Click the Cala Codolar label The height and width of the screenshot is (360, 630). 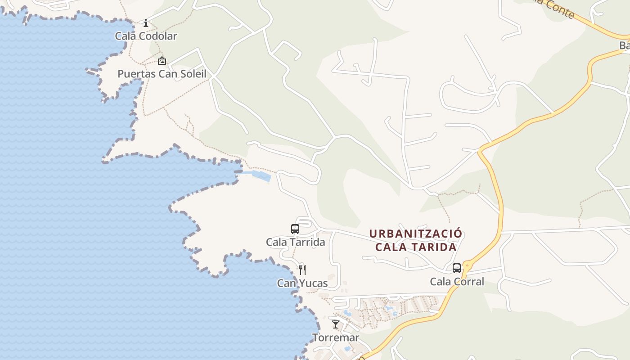(146, 36)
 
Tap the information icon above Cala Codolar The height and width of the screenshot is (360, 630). (146, 23)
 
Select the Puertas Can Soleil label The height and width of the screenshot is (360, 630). (162, 74)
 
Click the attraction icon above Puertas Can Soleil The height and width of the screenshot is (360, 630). (162, 61)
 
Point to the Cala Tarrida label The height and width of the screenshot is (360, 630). (295, 242)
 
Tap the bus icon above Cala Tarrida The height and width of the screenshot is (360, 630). (295, 229)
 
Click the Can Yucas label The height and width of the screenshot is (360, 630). (302, 283)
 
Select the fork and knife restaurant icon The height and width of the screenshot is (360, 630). (302, 270)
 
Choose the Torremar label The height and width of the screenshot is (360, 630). (336, 337)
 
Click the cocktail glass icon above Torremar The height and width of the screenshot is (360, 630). (336, 324)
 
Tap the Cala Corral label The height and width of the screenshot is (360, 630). (457, 282)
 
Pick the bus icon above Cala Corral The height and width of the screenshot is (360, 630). (457, 269)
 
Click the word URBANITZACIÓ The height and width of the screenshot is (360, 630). (415, 234)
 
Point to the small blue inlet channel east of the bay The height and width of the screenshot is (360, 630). (261, 175)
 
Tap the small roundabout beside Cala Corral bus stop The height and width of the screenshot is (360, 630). (467, 266)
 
